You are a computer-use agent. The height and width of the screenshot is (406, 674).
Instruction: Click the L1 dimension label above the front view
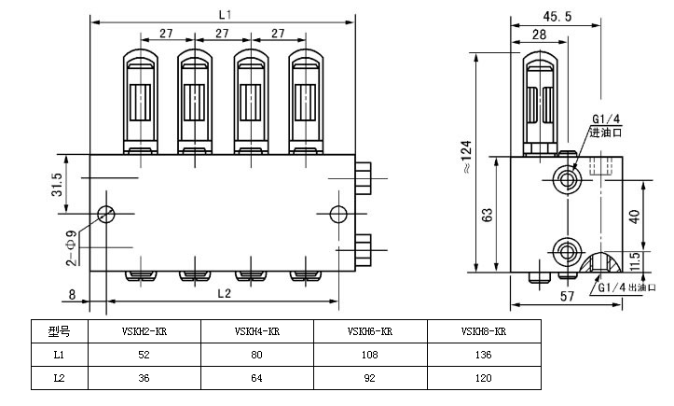click(x=223, y=15)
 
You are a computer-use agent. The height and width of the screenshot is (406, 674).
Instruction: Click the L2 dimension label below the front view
click(x=223, y=293)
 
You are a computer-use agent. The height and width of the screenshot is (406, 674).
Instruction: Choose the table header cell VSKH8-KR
click(x=483, y=331)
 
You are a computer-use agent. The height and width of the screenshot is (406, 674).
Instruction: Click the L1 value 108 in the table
click(x=370, y=356)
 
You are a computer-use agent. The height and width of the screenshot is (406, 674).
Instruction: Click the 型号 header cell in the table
click(x=58, y=331)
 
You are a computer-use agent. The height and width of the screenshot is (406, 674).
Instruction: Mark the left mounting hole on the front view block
click(x=105, y=214)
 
